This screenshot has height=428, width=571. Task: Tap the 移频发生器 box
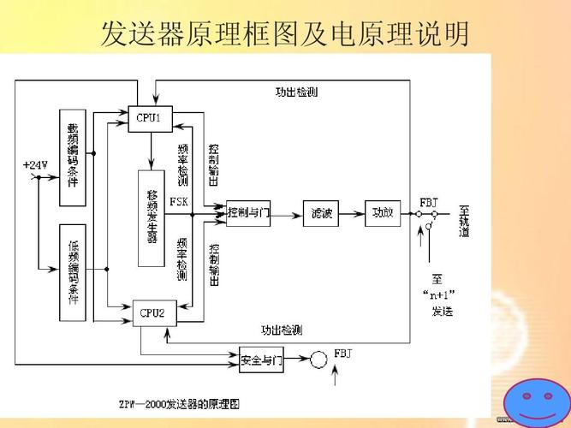point(152,218)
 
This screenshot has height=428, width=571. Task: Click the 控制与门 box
point(248,212)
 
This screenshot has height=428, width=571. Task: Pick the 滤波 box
point(322,212)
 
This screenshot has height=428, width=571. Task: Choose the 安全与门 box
point(261,360)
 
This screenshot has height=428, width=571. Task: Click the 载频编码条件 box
point(73,158)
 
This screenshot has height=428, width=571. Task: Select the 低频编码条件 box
point(73,272)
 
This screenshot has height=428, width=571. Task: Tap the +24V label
point(34,164)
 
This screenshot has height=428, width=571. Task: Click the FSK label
point(179,202)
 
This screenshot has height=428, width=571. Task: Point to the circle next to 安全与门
point(318,360)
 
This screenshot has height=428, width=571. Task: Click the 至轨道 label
point(464,221)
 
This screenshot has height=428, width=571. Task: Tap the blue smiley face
point(535,400)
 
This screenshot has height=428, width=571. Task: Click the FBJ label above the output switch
point(429,202)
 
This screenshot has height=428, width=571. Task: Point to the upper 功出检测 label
point(295,92)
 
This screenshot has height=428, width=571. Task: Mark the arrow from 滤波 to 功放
point(353,212)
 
